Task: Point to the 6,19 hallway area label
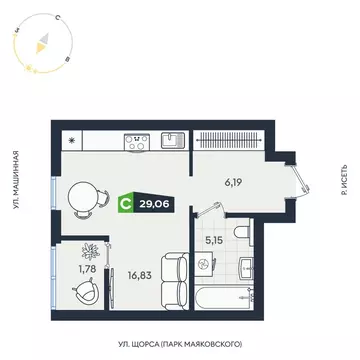(x=233, y=182)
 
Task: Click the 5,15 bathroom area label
(x=213, y=239)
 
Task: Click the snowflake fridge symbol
(x=72, y=139)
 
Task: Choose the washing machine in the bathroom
(x=205, y=264)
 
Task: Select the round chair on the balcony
(x=85, y=291)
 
